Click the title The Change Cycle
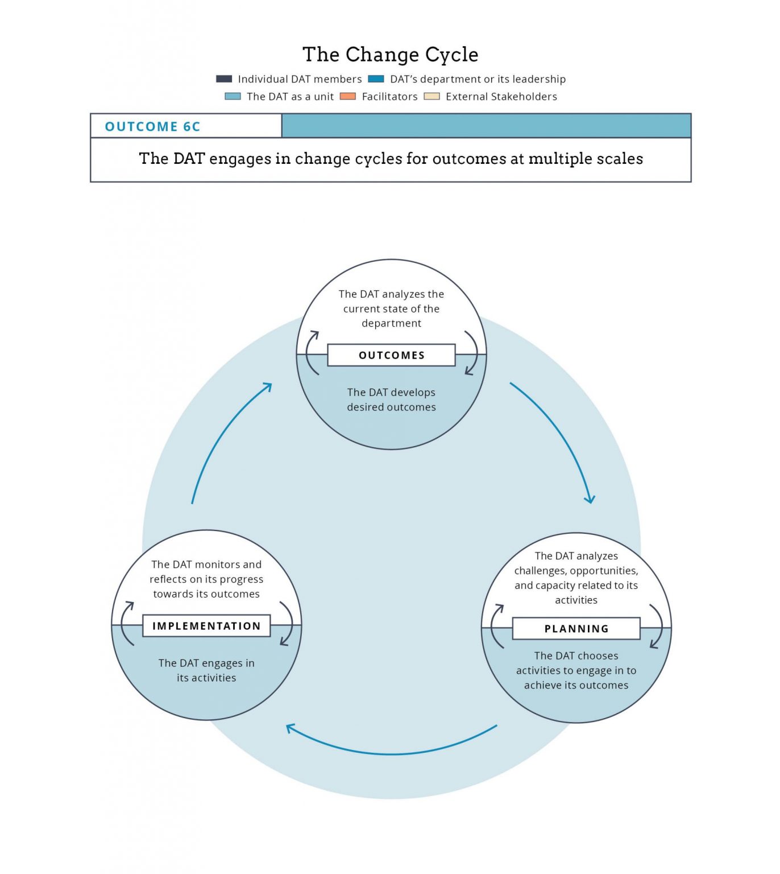(390, 55)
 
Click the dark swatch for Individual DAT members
(224, 79)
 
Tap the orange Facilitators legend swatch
(347, 96)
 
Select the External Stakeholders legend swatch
(432, 96)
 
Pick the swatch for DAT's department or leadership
(376, 79)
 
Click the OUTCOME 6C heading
(152, 126)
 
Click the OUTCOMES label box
(391, 355)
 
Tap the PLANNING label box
(576, 629)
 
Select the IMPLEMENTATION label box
(206, 626)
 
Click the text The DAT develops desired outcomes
(391, 399)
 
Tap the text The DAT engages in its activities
(206, 670)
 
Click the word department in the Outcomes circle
(391, 323)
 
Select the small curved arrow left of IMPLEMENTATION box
(126, 624)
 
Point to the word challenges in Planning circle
(540, 571)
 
